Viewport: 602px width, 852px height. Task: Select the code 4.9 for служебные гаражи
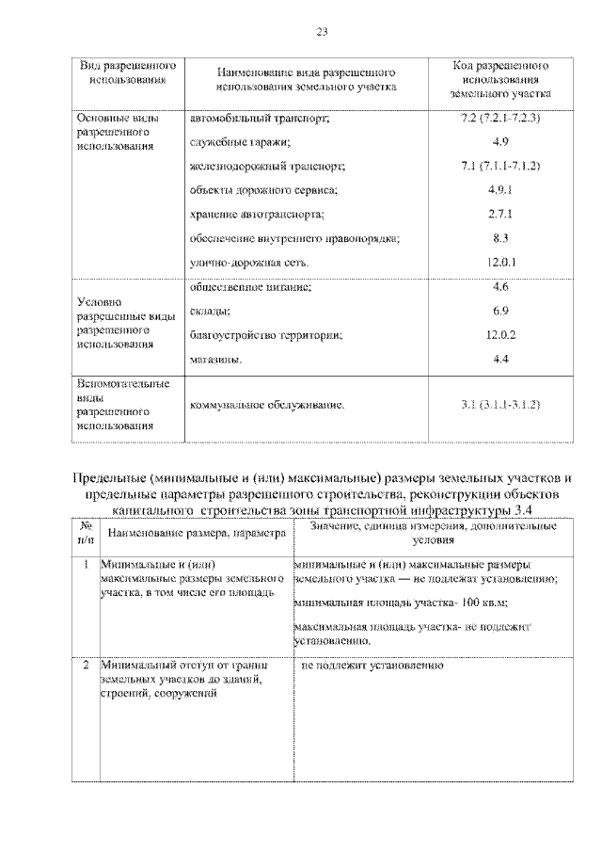click(x=500, y=142)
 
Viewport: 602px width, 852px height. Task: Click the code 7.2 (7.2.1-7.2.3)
click(x=500, y=119)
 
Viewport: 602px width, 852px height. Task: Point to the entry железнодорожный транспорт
click(x=268, y=167)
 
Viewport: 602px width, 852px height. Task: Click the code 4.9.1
click(x=500, y=190)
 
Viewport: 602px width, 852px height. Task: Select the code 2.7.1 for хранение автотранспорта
click(x=500, y=215)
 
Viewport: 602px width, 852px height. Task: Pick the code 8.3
click(x=500, y=238)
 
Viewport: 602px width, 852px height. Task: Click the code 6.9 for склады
click(x=500, y=311)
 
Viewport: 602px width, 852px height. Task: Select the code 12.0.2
click(x=500, y=334)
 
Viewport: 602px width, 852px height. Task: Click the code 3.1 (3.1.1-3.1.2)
click(x=500, y=405)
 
